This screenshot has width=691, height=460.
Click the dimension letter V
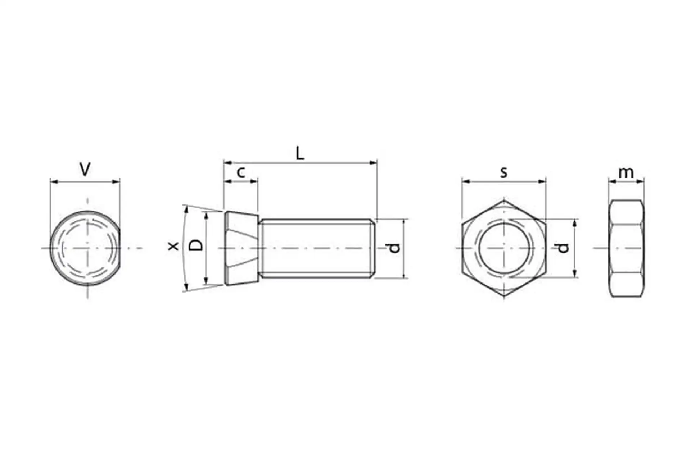point(85,170)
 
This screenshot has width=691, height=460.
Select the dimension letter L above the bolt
point(300,153)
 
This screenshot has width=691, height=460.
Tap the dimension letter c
point(241,172)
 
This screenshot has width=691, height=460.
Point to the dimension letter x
point(174,246)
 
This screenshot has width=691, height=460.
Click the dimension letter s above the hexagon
point(504,172)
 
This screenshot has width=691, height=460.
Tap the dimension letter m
point(626,173)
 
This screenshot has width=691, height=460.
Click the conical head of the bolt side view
point(241,248)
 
